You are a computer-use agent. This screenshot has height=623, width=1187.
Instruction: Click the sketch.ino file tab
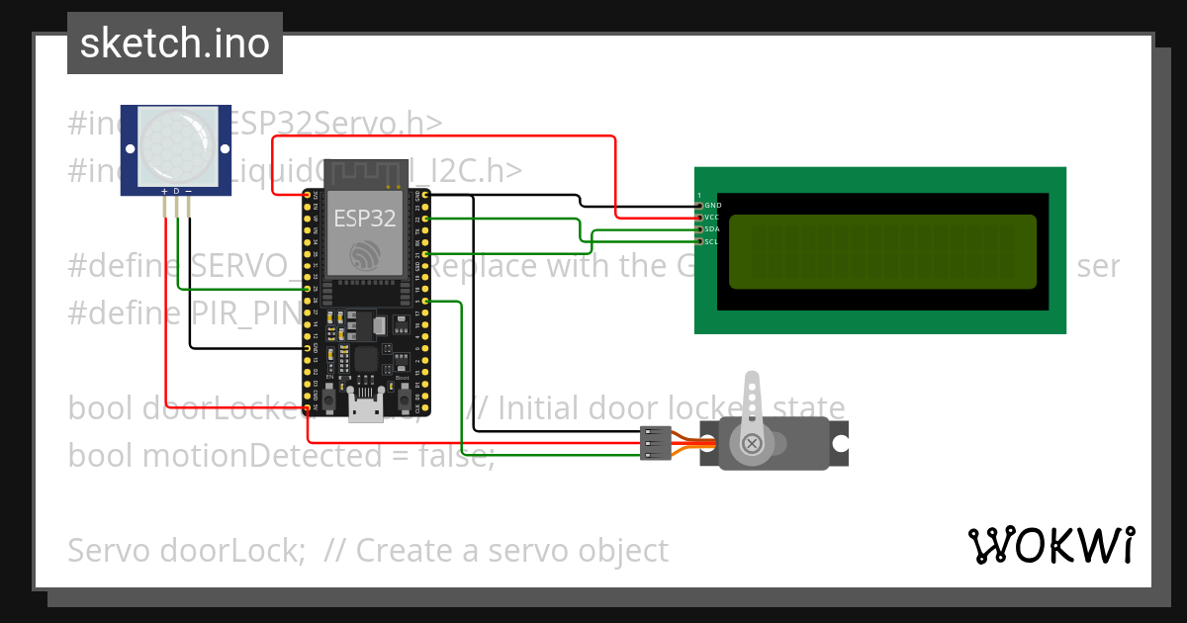(175, 44)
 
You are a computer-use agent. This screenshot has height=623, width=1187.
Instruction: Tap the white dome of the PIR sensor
(175, 145)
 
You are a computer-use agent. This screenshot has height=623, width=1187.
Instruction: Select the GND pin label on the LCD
(712, 205)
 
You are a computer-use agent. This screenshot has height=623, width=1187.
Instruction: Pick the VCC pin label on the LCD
(712, 217)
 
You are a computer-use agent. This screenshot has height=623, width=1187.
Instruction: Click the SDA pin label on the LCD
(712, 228)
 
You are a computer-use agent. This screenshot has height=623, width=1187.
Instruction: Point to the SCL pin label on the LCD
(712, 240)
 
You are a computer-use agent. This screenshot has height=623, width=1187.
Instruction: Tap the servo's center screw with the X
(752, 442)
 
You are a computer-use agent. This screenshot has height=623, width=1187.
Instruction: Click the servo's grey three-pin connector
(656, 443)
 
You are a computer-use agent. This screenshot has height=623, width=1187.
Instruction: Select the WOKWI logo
(1050, 545)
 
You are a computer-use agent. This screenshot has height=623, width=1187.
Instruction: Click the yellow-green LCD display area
(882, 251)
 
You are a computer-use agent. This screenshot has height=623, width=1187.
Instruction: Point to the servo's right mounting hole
(840, 443)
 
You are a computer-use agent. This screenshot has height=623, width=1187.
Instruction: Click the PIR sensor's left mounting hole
(129, 146)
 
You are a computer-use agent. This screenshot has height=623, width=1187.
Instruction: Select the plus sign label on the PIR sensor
(164, 190)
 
